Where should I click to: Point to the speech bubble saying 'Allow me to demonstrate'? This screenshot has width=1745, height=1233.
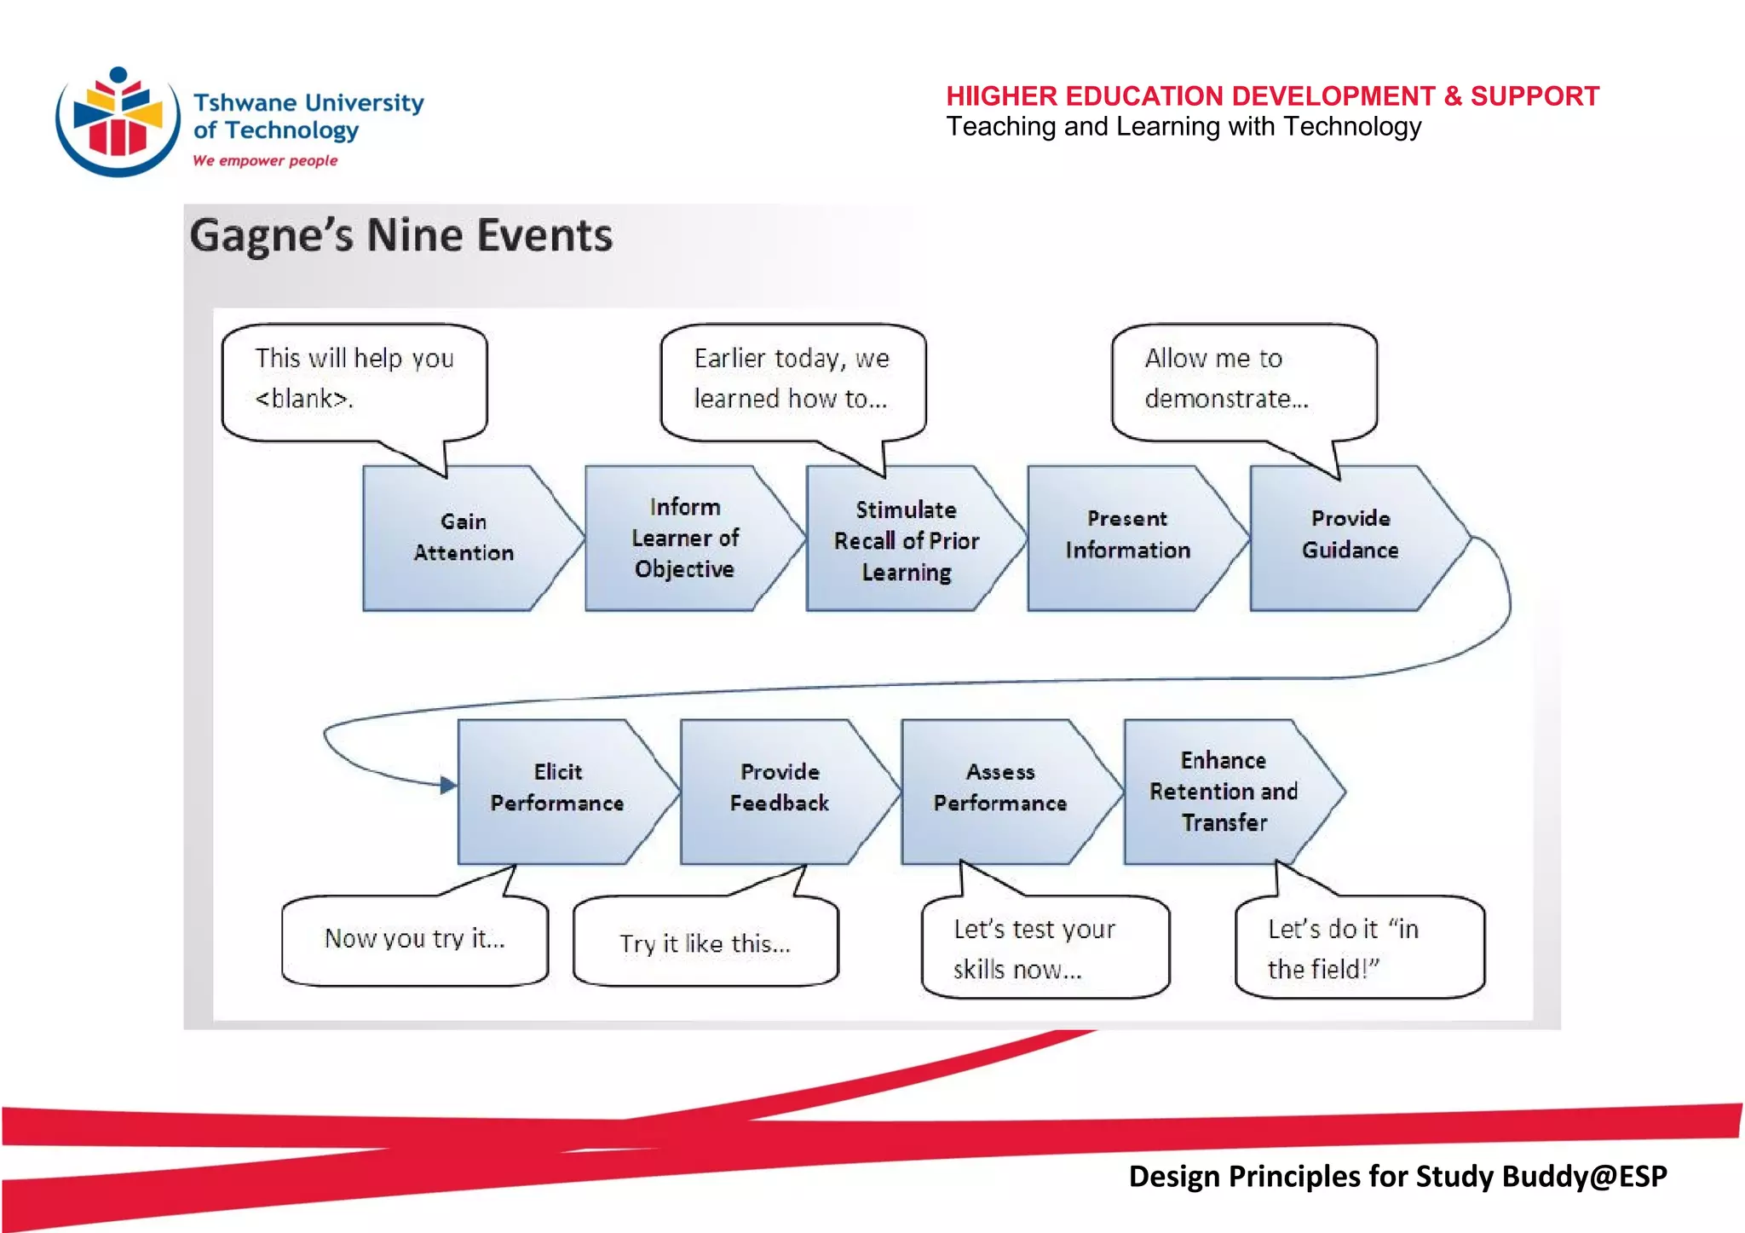pos(1243,380)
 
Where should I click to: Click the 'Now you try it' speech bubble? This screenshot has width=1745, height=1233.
pos(414,940)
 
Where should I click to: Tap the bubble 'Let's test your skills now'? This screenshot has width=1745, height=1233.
pos(1044,948)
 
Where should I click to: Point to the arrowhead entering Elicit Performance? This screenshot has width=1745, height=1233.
pos(447,785)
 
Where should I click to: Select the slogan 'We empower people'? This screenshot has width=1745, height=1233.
pos(265,160)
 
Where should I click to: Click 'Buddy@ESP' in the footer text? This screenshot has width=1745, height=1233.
pos(1583,1176)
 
